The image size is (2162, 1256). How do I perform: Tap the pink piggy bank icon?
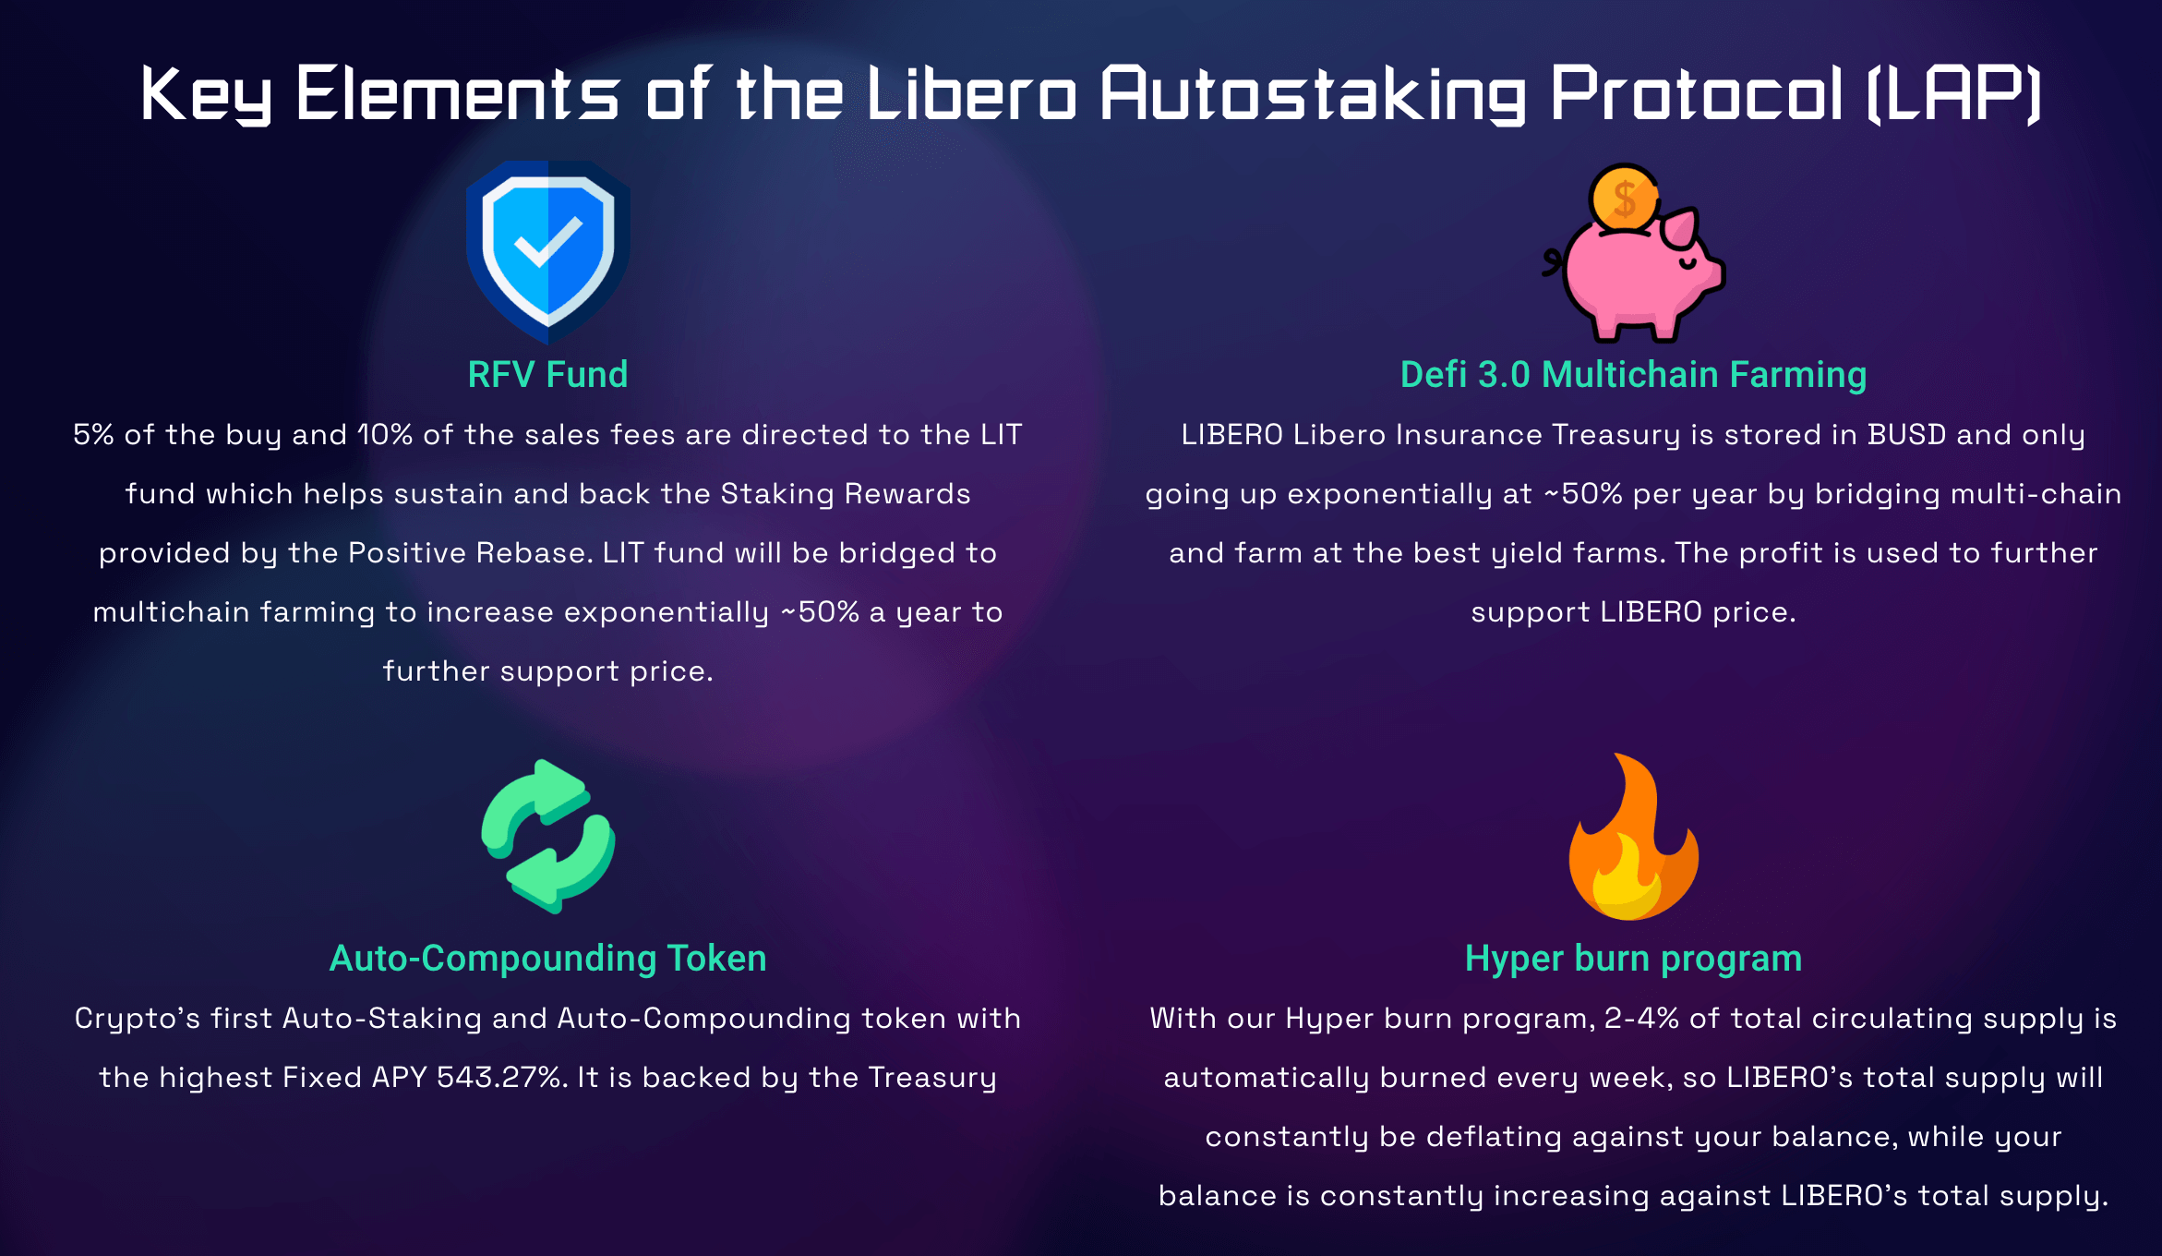point(1634,272)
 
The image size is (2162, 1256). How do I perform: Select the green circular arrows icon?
point(548,837)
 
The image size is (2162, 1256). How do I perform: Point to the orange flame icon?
point(1633,837)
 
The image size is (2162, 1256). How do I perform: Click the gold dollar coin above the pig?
point(1624,198)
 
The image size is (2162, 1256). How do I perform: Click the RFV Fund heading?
point(548,375)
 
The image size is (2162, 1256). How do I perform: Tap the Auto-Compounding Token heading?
point(548,960)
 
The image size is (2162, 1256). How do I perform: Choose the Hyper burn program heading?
point(1633,960)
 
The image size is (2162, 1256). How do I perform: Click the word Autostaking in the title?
point(1313,94)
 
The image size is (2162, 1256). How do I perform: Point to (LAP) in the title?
point(1953,94)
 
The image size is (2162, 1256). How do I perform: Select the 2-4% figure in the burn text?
point(1641,1019)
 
